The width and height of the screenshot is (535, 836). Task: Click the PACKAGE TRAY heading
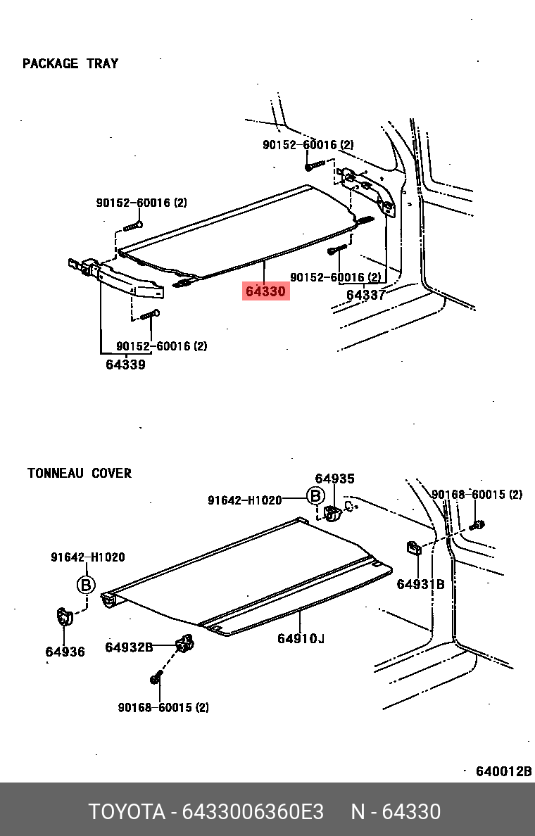(70, 63)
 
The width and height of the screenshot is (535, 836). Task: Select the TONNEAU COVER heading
(80, 473)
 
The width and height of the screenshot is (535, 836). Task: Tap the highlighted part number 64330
(265, 291)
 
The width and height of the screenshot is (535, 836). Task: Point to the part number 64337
(365, 295)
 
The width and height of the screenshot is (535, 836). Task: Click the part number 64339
(125, 365)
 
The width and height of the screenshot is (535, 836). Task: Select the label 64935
(334, 479)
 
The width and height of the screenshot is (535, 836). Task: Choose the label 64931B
(420, 584)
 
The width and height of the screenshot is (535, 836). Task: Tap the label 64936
(65, 652)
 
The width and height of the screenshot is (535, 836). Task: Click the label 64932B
(129, 647)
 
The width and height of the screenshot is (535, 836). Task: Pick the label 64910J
(301, 638)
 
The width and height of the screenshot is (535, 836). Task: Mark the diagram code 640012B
(503, 771)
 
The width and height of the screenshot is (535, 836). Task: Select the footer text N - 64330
(396, 811)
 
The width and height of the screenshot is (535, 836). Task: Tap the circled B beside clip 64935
(315, 497)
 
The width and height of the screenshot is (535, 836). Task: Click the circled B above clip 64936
(85, 585)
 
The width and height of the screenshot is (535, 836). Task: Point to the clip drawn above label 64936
(64, 617)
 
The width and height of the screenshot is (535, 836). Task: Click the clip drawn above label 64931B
(414, 547)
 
